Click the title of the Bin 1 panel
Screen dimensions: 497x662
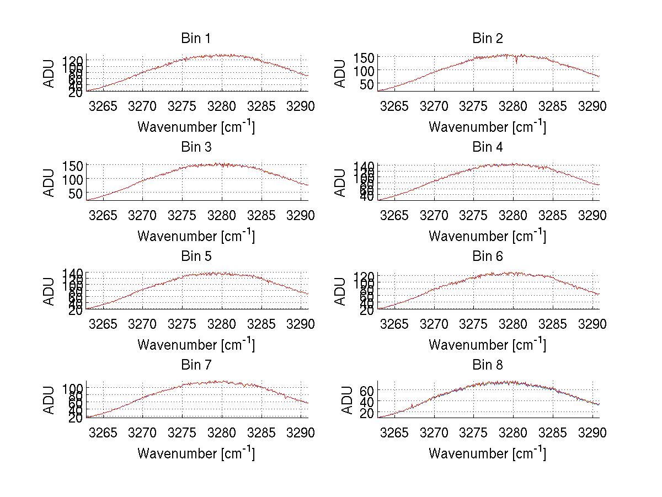[x=195, y=39]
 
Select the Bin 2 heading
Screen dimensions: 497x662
[x=487, y=39]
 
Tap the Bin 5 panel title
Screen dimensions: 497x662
[x=195, y=256]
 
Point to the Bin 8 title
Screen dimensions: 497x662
[x=487, y=365]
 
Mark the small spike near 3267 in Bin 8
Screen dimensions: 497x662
[x=412, y=407]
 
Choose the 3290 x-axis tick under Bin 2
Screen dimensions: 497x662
[x=592, y=106]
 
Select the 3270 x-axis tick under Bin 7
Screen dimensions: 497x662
[x=143, y=432]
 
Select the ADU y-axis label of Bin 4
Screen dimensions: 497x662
[x=340, y=181]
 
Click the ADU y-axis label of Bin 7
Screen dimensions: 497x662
[x=50, y=399]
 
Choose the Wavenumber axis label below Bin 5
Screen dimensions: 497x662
[x=196, y=345]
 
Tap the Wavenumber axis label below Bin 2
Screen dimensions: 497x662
[x=487, y=127]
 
